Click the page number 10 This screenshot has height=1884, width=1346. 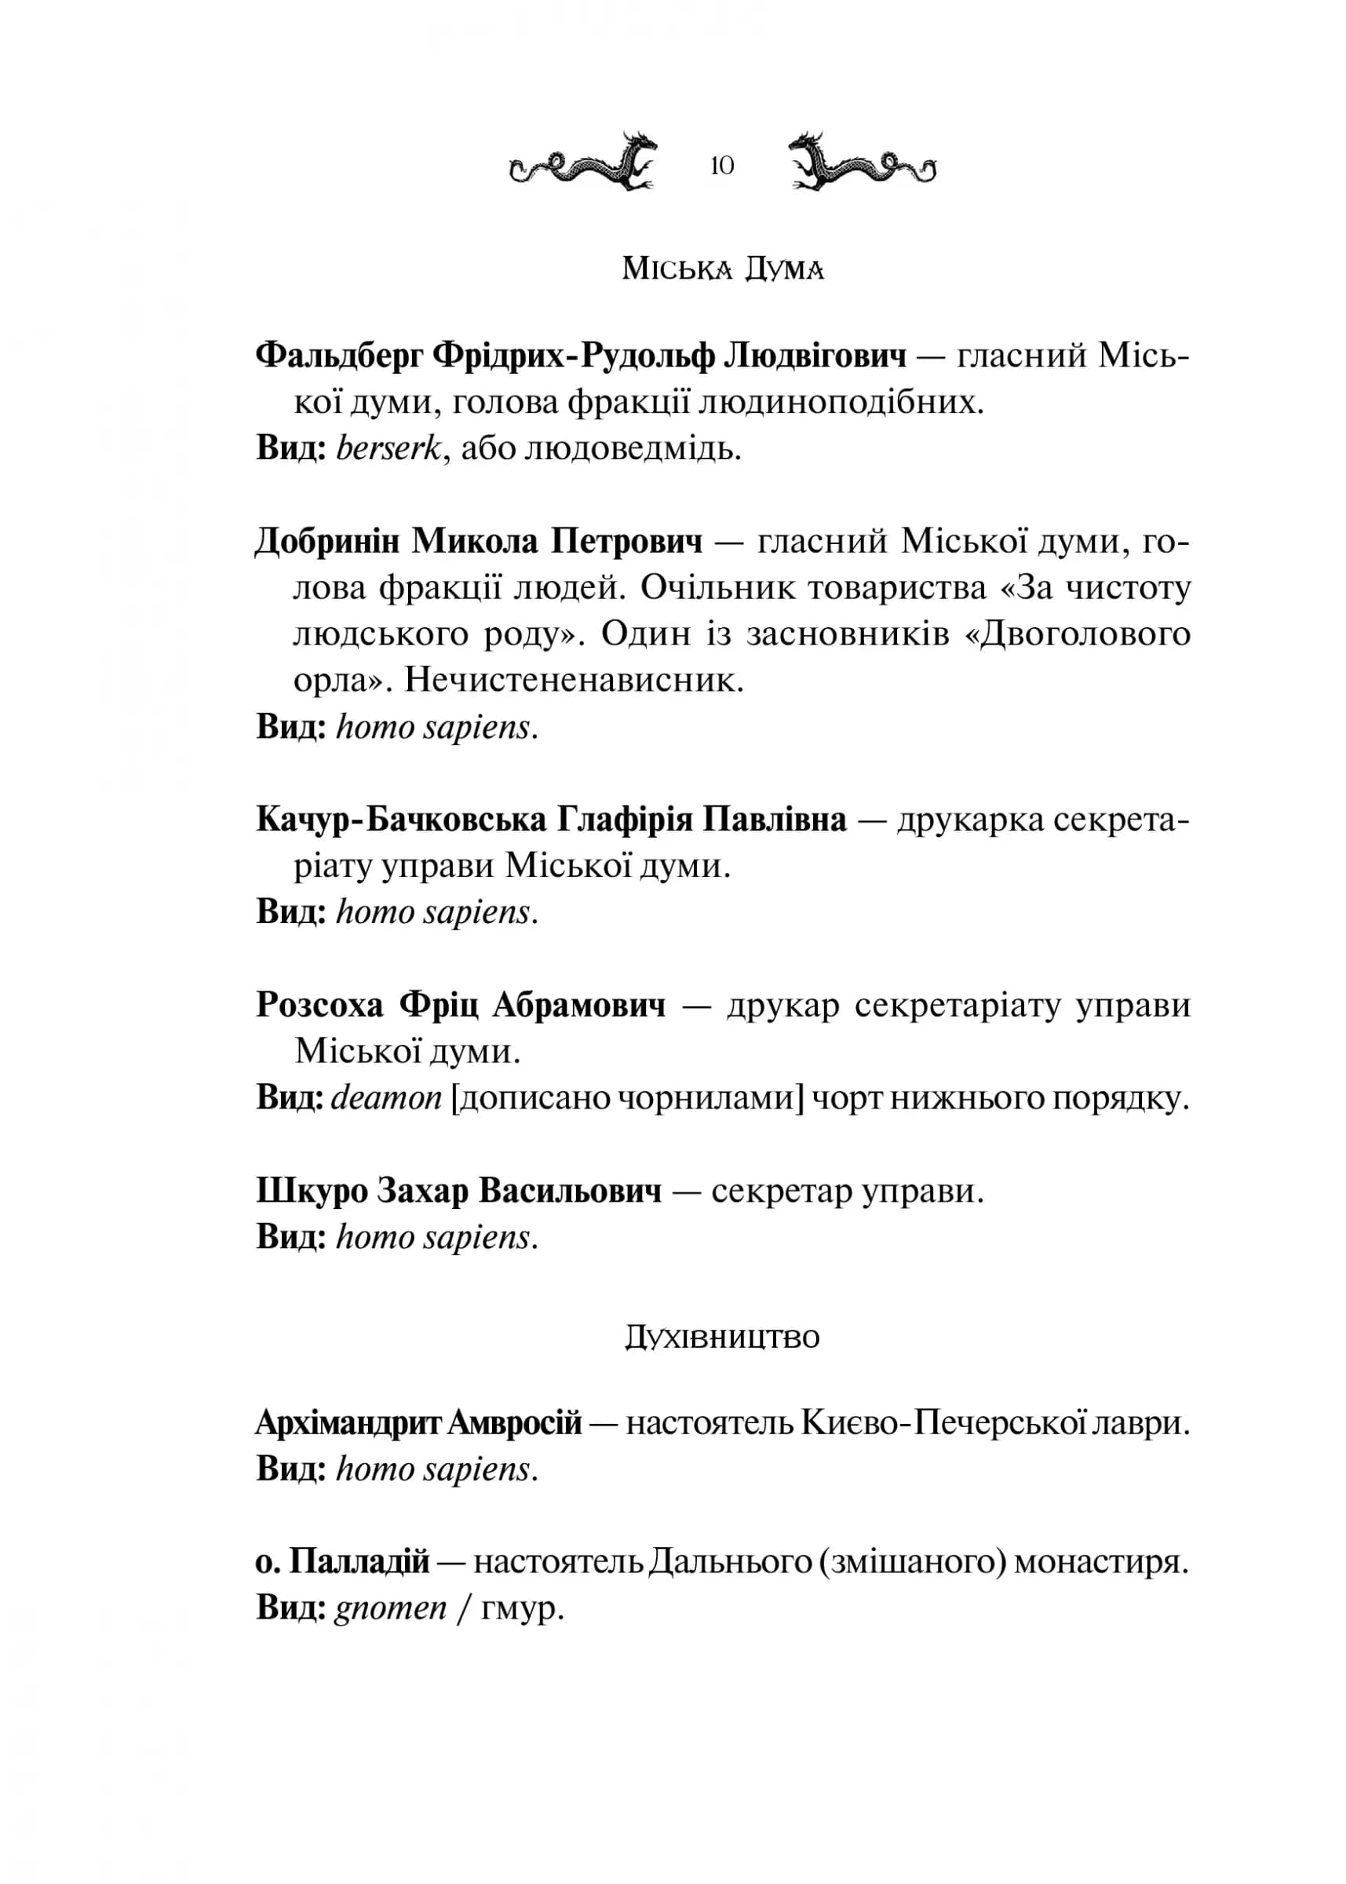coord(722,166)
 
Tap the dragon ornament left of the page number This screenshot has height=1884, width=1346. coord(582,162)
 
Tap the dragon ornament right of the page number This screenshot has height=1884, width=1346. coord(862,162)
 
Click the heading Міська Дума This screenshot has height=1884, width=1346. coord(723,269)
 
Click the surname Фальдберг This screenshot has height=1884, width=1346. coord(338,356)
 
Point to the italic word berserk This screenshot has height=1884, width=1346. coord(388,448)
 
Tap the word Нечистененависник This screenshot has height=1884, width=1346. coord(575,681)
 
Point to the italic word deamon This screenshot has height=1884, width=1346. coord(386,1098)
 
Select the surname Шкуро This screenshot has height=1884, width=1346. coord(312,1191)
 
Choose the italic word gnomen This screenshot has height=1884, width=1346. coord(390,1608)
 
